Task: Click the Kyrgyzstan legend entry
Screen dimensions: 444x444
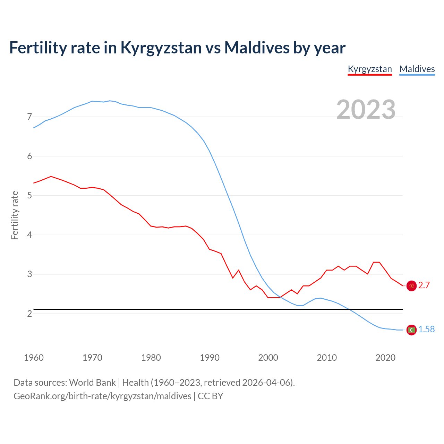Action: coord(370,69)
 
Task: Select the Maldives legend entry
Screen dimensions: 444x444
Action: coord(417,69)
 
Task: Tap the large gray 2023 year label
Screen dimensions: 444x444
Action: coord(366,110)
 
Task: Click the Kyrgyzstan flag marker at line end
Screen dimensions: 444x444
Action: coord(411,286)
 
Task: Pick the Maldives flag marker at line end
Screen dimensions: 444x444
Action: coord(411,330)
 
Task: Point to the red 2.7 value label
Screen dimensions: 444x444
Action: coord(424,285)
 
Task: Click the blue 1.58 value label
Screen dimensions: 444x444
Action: coord(426,330)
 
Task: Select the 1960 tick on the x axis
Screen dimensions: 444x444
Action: coord(34,358)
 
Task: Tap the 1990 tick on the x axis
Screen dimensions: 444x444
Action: coord(210,358)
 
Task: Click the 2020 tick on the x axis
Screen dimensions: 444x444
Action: coord(385,358)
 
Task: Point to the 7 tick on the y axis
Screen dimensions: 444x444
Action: coord(29,117)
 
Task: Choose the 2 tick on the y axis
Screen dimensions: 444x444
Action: coord(29,314)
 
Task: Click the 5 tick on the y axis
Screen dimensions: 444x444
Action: coord(29,196)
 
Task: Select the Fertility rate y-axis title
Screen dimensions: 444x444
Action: coord(15,215)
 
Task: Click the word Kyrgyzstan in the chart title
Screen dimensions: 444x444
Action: coord(161,48)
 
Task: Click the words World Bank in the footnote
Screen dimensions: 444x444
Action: coord(92,383)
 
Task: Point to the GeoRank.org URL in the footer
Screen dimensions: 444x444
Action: coord(102,396)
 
